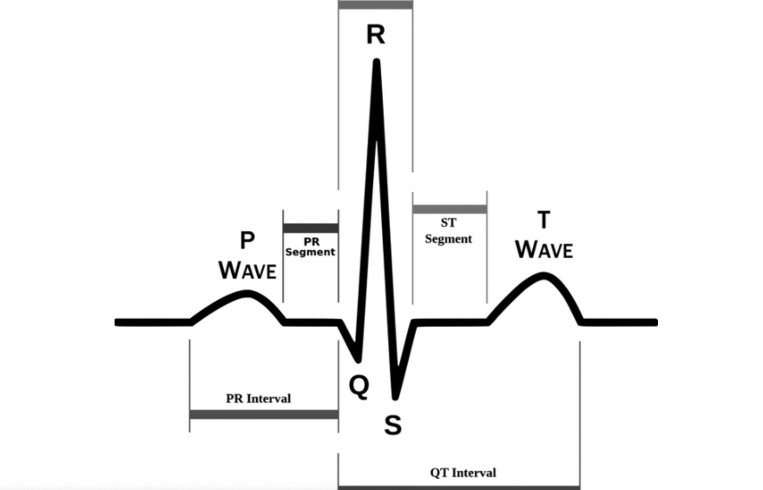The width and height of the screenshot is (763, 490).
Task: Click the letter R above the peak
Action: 375,35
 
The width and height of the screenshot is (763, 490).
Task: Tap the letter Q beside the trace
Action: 358,386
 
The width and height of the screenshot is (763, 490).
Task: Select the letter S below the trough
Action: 393,425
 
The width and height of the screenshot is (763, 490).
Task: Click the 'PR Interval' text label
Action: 259,399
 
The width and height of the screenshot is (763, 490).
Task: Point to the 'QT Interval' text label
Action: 464,473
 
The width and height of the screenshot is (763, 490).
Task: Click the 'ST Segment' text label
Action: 449,231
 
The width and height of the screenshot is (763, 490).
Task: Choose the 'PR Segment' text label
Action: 311,246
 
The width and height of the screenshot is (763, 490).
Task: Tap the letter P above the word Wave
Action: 247,241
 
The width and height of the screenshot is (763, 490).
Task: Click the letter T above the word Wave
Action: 543,220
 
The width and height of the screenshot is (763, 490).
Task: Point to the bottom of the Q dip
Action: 357,358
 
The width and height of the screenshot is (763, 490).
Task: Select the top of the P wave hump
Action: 247,294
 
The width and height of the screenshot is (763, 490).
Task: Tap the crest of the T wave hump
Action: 545,276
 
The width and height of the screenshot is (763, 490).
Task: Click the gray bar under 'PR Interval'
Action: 264,414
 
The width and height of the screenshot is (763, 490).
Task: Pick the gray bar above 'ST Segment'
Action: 450,209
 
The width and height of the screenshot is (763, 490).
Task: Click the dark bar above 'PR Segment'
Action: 311,228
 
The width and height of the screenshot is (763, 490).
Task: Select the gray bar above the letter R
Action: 375,5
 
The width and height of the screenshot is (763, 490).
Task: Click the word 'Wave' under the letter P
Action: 247,269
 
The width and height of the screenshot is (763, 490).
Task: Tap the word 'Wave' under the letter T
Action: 544,249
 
